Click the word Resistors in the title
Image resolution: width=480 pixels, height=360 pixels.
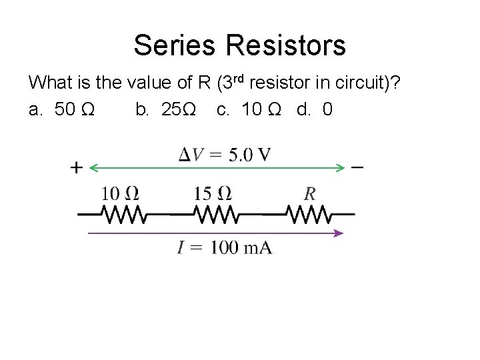tap(286, 45)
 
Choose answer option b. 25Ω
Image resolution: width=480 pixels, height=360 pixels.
tap(165, 109)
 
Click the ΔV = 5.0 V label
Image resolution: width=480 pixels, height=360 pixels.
tap(225, 155)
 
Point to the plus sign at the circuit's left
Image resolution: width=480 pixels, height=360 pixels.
tap(76, 168)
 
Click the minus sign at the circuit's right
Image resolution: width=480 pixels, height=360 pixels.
tap(357, 167)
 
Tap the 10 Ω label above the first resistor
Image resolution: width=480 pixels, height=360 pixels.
tap(120, 194)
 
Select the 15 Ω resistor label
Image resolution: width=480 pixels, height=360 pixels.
tap(213, 194)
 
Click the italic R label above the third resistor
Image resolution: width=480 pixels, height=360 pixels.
tap(310, 194)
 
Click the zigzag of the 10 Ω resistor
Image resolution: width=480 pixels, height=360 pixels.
tap(122, 215)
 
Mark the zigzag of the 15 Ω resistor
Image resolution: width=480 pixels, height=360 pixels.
tap(215, 215)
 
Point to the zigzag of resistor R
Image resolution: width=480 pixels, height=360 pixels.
tap(308, 215)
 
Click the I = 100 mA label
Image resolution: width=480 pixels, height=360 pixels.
tap(225, 248)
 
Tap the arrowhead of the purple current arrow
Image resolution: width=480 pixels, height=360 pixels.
tap(339, 233)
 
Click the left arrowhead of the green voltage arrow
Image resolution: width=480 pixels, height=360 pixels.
tap(94, 167)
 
